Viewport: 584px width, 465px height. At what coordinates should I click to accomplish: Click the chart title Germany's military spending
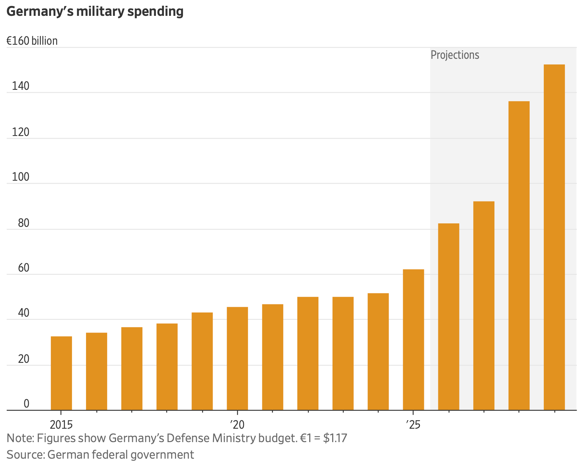point(95,12)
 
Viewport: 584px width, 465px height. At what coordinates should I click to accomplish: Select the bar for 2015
point(61,373)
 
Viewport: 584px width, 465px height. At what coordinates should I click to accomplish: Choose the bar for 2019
point(202,361)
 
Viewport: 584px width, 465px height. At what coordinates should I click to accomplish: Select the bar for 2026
point(449,317)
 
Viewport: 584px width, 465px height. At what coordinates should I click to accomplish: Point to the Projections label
point(455,55)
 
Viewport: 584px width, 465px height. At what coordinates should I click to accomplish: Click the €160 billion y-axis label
point(32,41)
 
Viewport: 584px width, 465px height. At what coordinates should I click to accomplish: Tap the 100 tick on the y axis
point(21,177)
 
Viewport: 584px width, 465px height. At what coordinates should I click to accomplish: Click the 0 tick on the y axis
point(26,404)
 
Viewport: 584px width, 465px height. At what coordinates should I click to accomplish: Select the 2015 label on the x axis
point(61,424)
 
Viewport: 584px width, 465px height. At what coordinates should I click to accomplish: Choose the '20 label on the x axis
point(237,424)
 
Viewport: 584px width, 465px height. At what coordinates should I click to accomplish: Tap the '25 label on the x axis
point(413,424)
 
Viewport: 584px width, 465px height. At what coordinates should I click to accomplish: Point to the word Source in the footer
point(25,455)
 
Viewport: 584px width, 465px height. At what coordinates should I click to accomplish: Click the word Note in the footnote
point(19,438)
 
